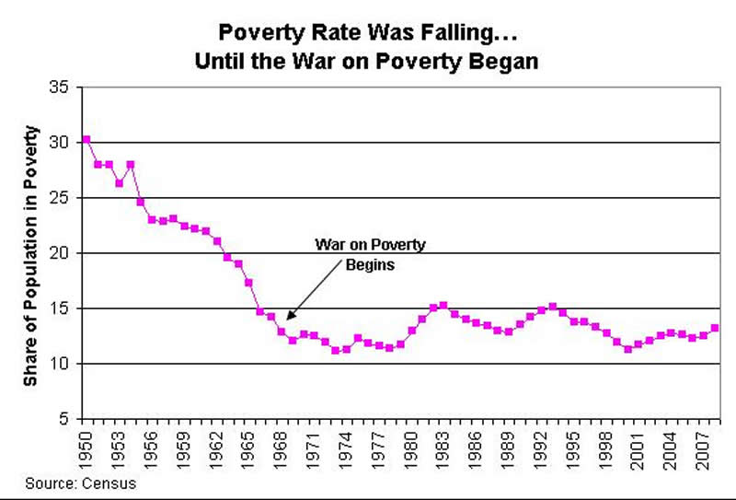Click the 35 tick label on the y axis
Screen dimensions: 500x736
60,87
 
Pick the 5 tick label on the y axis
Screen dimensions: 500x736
64,419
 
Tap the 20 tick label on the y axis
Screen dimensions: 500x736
60,253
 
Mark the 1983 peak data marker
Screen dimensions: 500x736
443,305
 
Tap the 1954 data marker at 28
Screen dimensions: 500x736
130,164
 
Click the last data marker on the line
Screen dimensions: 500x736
715,327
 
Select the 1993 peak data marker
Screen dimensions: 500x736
552,307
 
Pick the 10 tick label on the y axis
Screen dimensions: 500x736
60,364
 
